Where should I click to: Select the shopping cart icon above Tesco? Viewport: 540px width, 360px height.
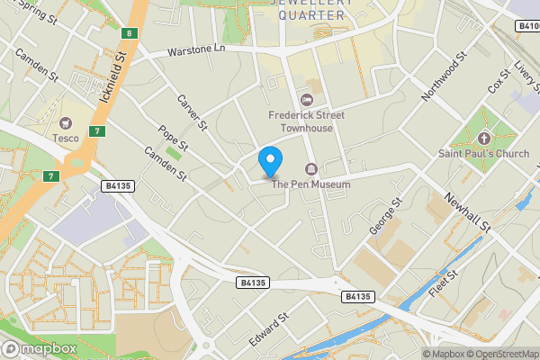pyautogui.click(x=65, y=122)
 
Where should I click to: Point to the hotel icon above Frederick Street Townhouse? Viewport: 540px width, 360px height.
pyautogui.click(x=306, y=99)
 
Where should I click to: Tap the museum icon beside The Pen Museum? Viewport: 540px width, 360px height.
pyautogui.click(x=311, y=169)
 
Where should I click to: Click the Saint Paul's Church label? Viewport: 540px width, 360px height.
pyautogui.click(x=485, y=153)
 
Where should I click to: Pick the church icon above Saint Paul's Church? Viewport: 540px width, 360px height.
pyautogui.click(x=485, y=138)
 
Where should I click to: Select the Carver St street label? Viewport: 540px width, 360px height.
pyautogui.click(x=192, y=112)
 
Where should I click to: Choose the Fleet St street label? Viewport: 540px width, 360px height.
pyautogui.click(x=445, y=285)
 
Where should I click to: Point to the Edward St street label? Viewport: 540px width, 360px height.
pyautogui.click(x=270, y=329)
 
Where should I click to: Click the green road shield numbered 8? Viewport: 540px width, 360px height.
pyautogui.click(x=130, y=34)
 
